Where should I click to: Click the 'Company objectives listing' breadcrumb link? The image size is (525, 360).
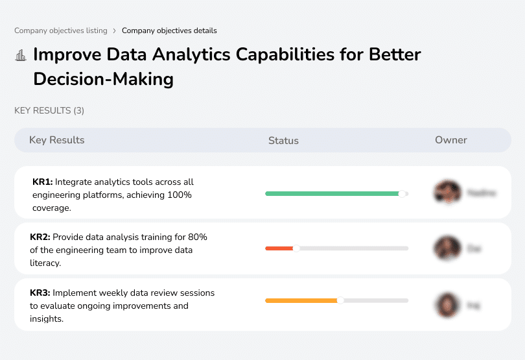(x=61, y=30)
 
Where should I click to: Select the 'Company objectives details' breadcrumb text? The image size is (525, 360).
(x=169, y=30)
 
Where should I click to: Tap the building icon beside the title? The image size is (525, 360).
(x=21, y=55)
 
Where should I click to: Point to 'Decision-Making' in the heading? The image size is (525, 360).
(x=103, y=79)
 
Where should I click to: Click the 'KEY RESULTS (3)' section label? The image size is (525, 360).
(x=49, y=111)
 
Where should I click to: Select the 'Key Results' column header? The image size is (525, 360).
(x=56, y=140)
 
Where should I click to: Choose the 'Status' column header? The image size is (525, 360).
(x=283, y=140)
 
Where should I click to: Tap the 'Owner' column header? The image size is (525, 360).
(x=450, y=140)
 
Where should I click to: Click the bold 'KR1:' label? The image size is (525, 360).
(x=42, y=182)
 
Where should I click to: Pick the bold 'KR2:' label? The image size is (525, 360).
(x=40, y=237)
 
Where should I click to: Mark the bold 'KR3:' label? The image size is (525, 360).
(x=40, y=293)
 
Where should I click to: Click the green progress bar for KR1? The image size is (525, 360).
(x=332, y=193)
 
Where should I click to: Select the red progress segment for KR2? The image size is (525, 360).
(x=279, y=248)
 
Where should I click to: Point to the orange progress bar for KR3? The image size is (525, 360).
(x=301, y=300)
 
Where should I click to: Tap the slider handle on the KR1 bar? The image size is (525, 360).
(x=402, y=193)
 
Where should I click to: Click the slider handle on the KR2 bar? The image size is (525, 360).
(x=296, y=248)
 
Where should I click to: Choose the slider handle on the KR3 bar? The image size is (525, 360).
(x=340, y=300)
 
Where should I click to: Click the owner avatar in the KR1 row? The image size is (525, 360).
(x=447, y=193)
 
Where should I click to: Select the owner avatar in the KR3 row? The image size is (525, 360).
(x=447, y=305)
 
